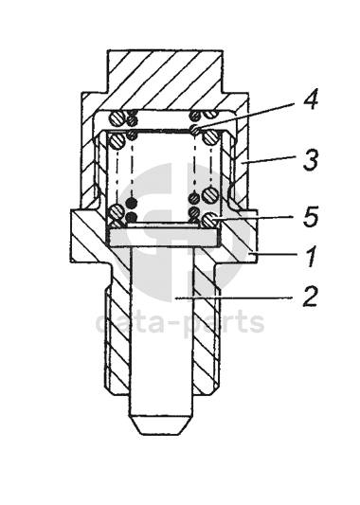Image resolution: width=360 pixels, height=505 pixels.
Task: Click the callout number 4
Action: (x=311, y=99)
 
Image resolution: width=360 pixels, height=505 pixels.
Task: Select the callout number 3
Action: (x=311, y=159)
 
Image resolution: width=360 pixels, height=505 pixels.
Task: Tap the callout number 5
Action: (x=311, y=215)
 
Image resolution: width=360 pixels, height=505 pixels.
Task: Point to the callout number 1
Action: (x=311, y=257)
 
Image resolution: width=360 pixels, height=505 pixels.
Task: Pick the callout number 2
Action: (x=311, y=296)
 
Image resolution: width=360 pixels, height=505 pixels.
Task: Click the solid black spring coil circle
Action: (x=132, y=203)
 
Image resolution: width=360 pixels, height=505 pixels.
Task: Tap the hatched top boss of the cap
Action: (x=165, y=72)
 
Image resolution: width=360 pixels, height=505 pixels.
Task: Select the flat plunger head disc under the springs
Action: (x=163, y=239)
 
